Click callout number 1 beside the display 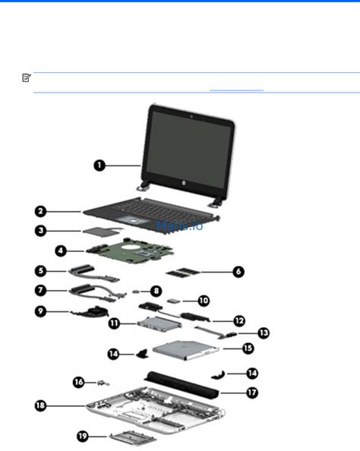click(99, 164)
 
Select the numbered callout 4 click(60, 248)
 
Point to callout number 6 click(238, 271)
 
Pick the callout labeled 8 click(155, 290)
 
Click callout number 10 click(203, 301)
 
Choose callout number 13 click(263, 333)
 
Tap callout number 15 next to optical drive click(247, 348)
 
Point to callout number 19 click(83, 436)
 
